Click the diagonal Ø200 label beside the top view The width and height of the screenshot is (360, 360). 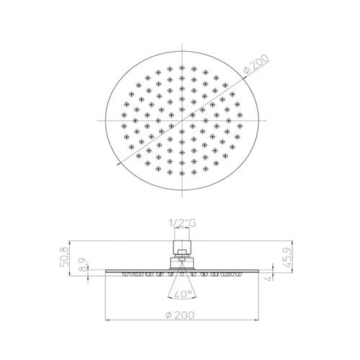[x=256, y=64]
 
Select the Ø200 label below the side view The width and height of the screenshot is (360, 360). [x=180, y=315]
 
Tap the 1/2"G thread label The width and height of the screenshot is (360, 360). [x=182, y=223]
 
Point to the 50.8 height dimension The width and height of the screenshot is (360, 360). [x=65, y=257]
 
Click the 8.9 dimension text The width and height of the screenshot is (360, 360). [x=84, y=265]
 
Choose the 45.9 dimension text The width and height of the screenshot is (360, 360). [x=287, y=258]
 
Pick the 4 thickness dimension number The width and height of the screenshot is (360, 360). [x=269, y=279]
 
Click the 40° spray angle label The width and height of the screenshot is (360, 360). [x=182, y=294]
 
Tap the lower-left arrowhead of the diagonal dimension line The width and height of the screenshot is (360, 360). [x=118, y=164]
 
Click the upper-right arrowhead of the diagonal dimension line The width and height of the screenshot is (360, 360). [x=246, y=77]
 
